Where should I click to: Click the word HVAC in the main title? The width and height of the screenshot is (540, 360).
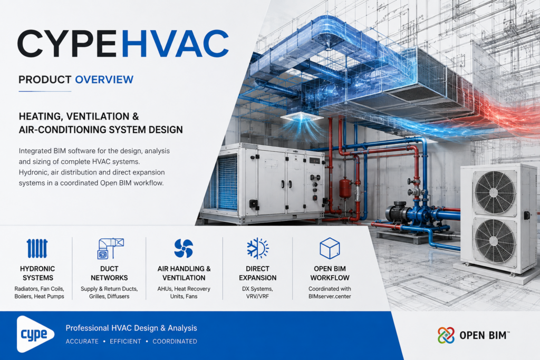click(175, 44)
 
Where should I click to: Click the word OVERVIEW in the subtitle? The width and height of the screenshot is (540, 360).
click(104, 80)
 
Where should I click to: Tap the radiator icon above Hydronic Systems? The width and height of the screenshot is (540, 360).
click(37, 248)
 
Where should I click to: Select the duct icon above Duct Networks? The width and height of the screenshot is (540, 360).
click(111, 248)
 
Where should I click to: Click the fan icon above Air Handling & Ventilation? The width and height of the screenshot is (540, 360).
click(184, 248)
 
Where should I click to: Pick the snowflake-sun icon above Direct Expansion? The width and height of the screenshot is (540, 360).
click(257, 248)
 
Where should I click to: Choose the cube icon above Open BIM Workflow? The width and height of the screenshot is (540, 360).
click(330, 248)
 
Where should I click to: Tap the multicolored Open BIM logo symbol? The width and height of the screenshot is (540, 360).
click(446, 335)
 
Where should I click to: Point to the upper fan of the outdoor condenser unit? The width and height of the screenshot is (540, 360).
click(495, 191)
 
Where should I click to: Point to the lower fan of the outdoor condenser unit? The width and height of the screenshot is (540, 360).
click(495, 240)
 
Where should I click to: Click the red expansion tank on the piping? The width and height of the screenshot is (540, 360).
click(345, 188)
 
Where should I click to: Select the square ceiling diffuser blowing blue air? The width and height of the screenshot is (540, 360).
click(302, 117)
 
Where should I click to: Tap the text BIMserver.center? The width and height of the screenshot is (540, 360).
click(330, 296)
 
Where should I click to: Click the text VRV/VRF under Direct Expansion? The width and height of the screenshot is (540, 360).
click(257, 296)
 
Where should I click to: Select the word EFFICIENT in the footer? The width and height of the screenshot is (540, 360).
click(126, 342)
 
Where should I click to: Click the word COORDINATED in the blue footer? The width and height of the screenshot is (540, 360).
click(175, 342)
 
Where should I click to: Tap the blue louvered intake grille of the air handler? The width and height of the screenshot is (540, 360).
click(227, 183)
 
